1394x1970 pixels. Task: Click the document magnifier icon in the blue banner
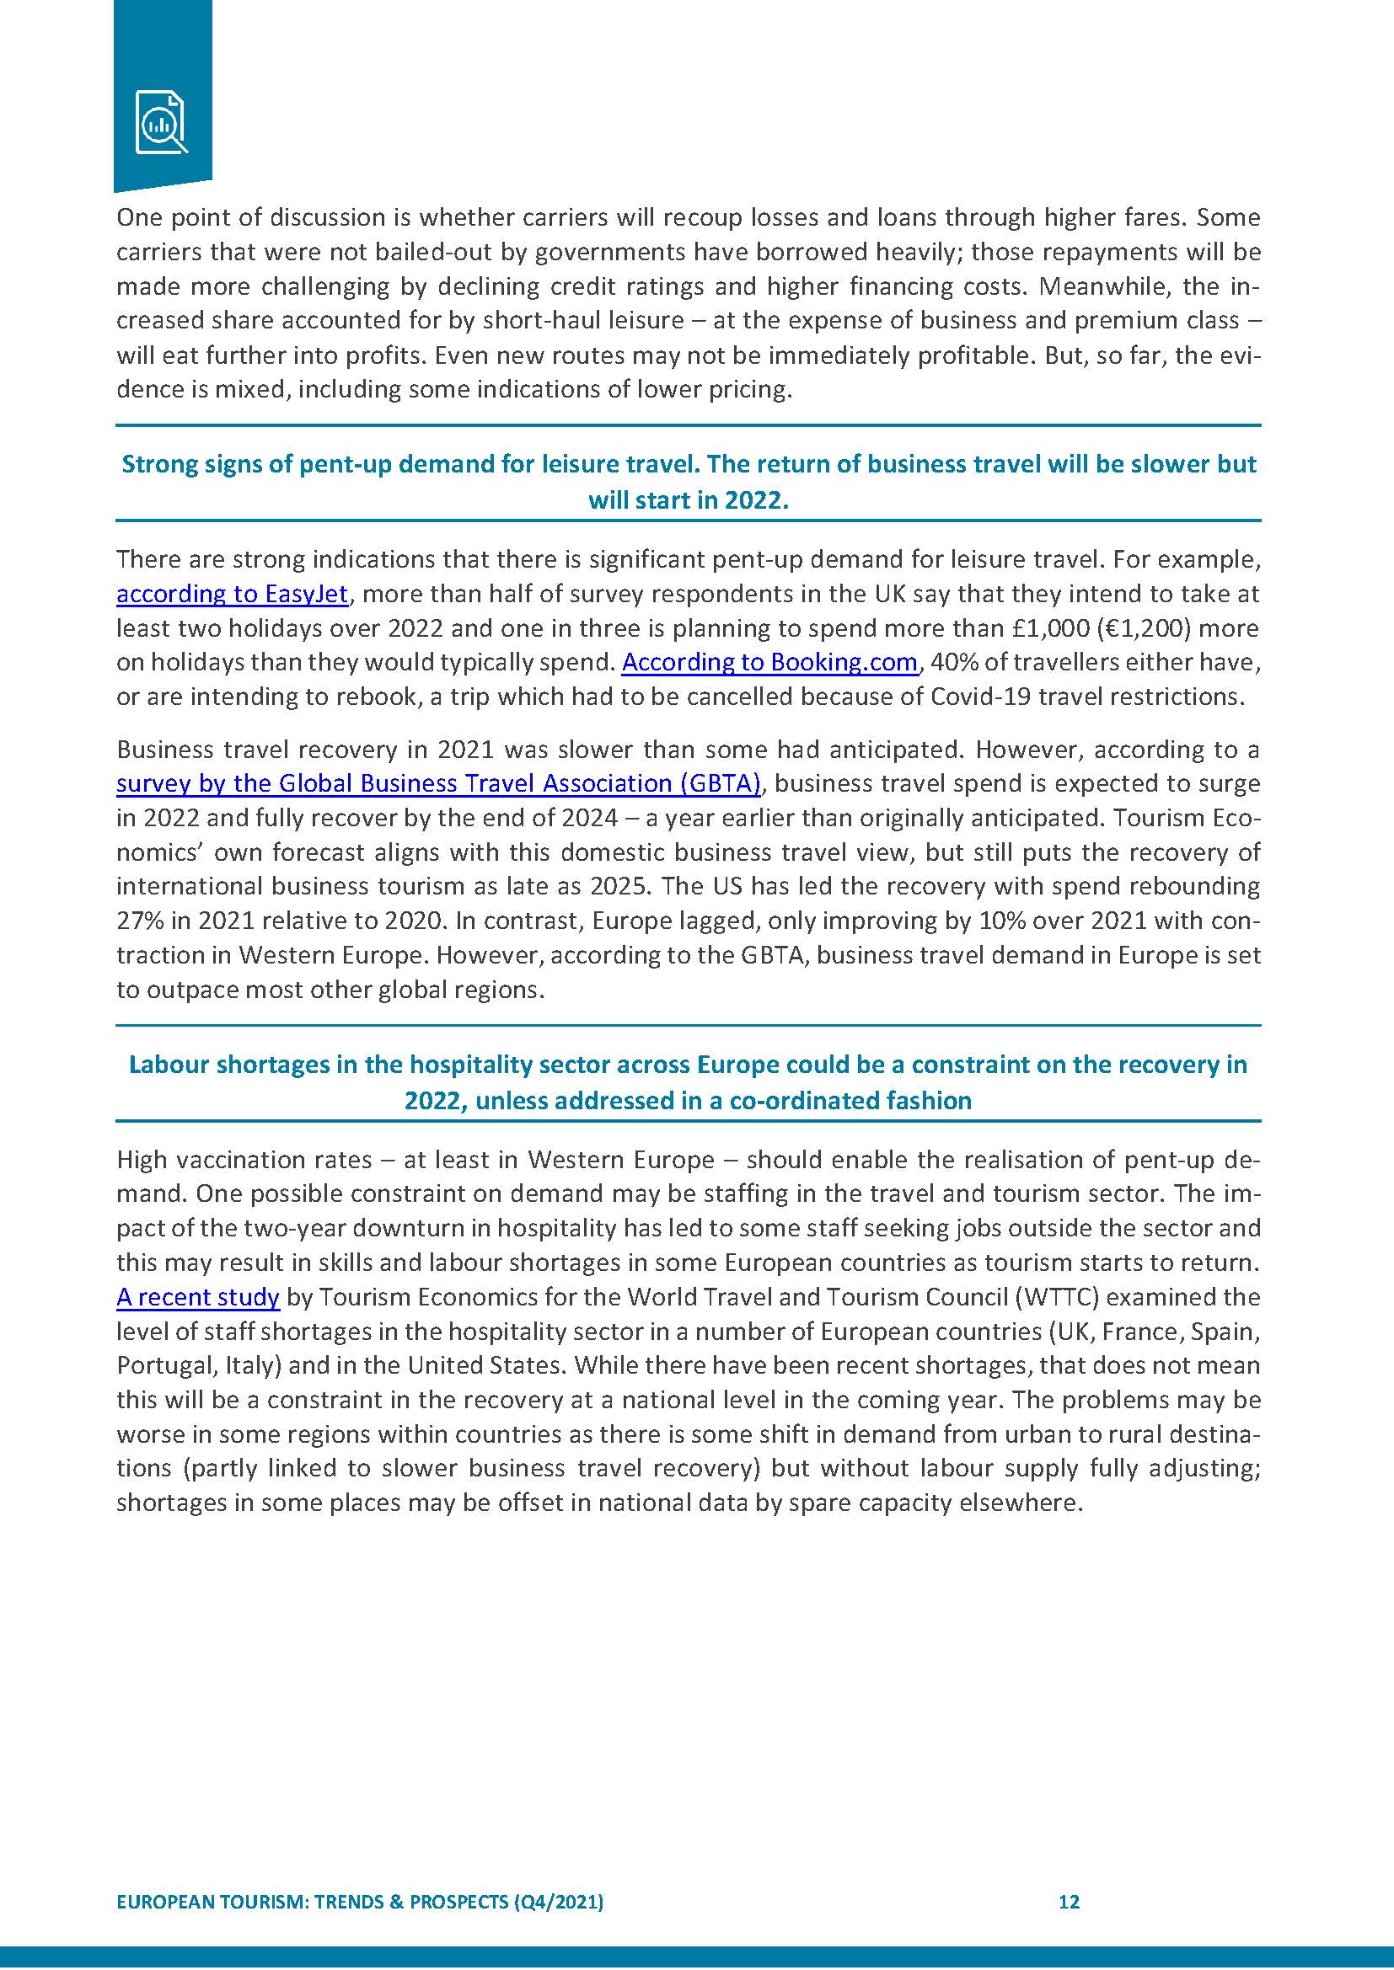(x=161, y=122)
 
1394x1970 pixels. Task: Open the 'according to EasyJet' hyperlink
(x=232, y=594)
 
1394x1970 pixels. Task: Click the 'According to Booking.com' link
(x=769, y=662)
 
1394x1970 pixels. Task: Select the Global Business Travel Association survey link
(x=438, y=783)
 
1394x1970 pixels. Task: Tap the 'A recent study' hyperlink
(x=197, y=1296)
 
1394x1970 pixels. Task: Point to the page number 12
(x=1069, y=1902)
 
